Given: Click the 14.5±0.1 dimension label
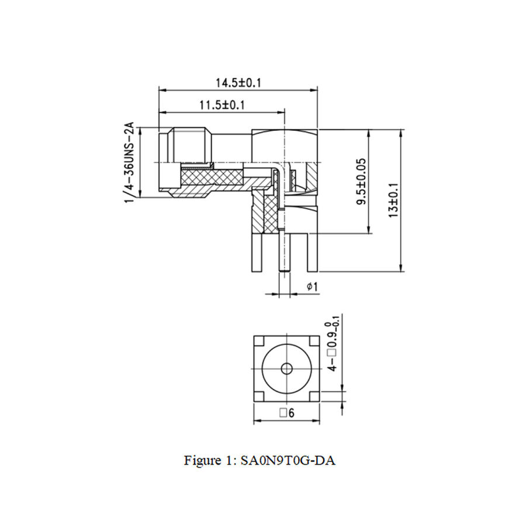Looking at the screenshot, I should pyautogui.click(x=238, y=82).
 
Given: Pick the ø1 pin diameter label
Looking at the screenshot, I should pyautogui.click(x=312, y=287).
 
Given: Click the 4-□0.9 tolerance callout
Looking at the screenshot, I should pyautogui.click(x=334, y=345).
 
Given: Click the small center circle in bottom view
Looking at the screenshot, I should pyautogui.click(x=286, y=368).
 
